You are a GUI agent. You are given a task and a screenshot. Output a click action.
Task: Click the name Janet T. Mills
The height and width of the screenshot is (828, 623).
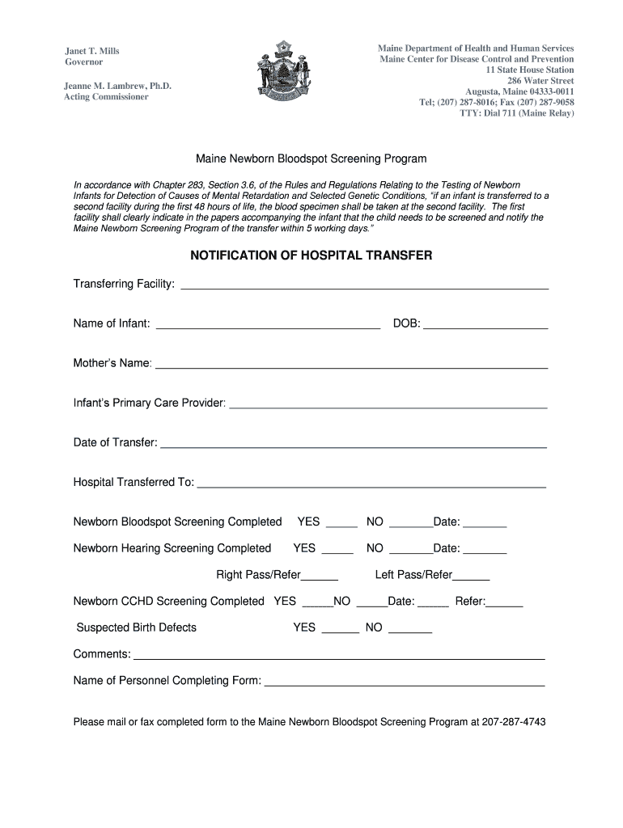(92, 51)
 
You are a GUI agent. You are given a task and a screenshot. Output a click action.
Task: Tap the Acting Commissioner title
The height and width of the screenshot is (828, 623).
(107, 97)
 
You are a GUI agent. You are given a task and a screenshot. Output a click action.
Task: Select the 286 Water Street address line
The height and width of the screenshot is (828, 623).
(540, 81)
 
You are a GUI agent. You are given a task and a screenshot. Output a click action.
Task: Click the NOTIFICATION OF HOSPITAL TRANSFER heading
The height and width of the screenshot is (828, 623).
(311, 256)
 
